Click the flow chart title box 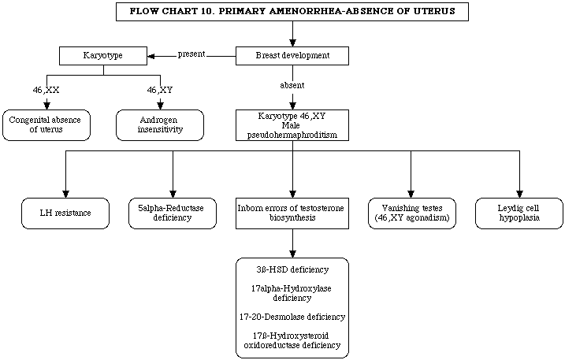(x=292, y=12)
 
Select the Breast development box (x=292, y=56)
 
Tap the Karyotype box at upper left (x=103, y=56)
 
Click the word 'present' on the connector (x=191, y=54)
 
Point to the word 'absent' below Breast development (x=292, y=85)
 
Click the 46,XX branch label (x=46, y=90)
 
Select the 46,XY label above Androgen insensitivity (x=160, y=90)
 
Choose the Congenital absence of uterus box (x=46, y=125)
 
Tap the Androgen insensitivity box (x=160, y=125)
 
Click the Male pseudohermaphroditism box (x=292, y=125)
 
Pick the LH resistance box (x=65, y=213)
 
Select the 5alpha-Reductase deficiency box (x=173, y=213)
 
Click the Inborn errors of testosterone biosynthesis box (x=292, y=213)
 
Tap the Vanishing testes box (x=412, y=213)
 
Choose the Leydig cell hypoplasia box (x=519, y=213)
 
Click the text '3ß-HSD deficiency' (x=292, y=269)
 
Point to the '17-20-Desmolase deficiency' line (x=292, y=317)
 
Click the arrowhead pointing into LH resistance (x=65, y=194)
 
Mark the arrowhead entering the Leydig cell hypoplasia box (x=519, y=194)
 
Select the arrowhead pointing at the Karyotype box (x=151, y=56)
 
